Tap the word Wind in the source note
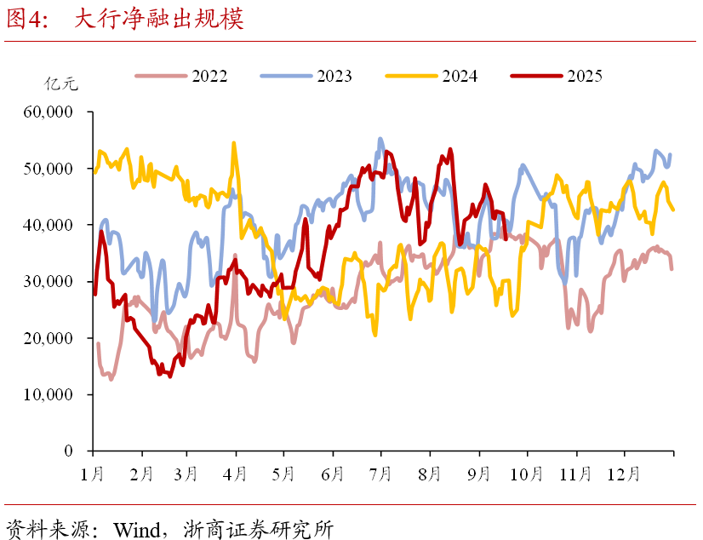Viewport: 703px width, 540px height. (127, 529)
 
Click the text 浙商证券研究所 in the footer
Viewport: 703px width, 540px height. (258, 529)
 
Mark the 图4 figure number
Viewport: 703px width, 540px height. (26, 20)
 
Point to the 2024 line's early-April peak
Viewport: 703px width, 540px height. (234, 143)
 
